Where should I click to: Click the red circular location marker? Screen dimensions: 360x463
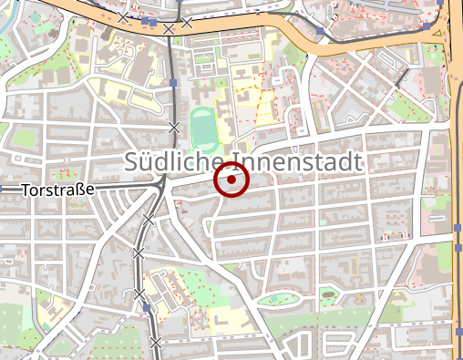231,180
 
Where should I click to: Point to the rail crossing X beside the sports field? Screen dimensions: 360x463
174,126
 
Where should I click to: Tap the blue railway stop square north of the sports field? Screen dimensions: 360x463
173,83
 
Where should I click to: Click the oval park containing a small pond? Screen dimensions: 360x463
280,298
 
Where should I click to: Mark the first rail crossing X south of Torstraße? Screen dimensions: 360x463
149,220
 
